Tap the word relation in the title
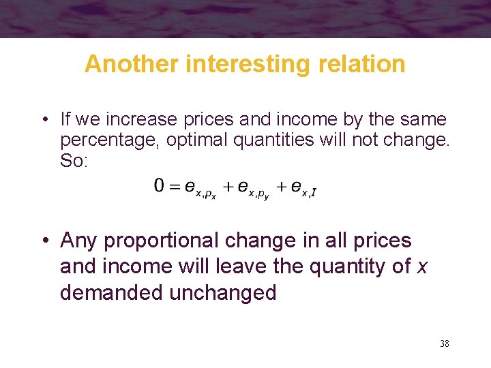(x=366, y=64)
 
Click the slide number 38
(x=444, y=343)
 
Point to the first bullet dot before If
(x=43, y=121)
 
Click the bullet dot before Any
(x=43, y=241)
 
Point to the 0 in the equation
(x=159, y=186)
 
